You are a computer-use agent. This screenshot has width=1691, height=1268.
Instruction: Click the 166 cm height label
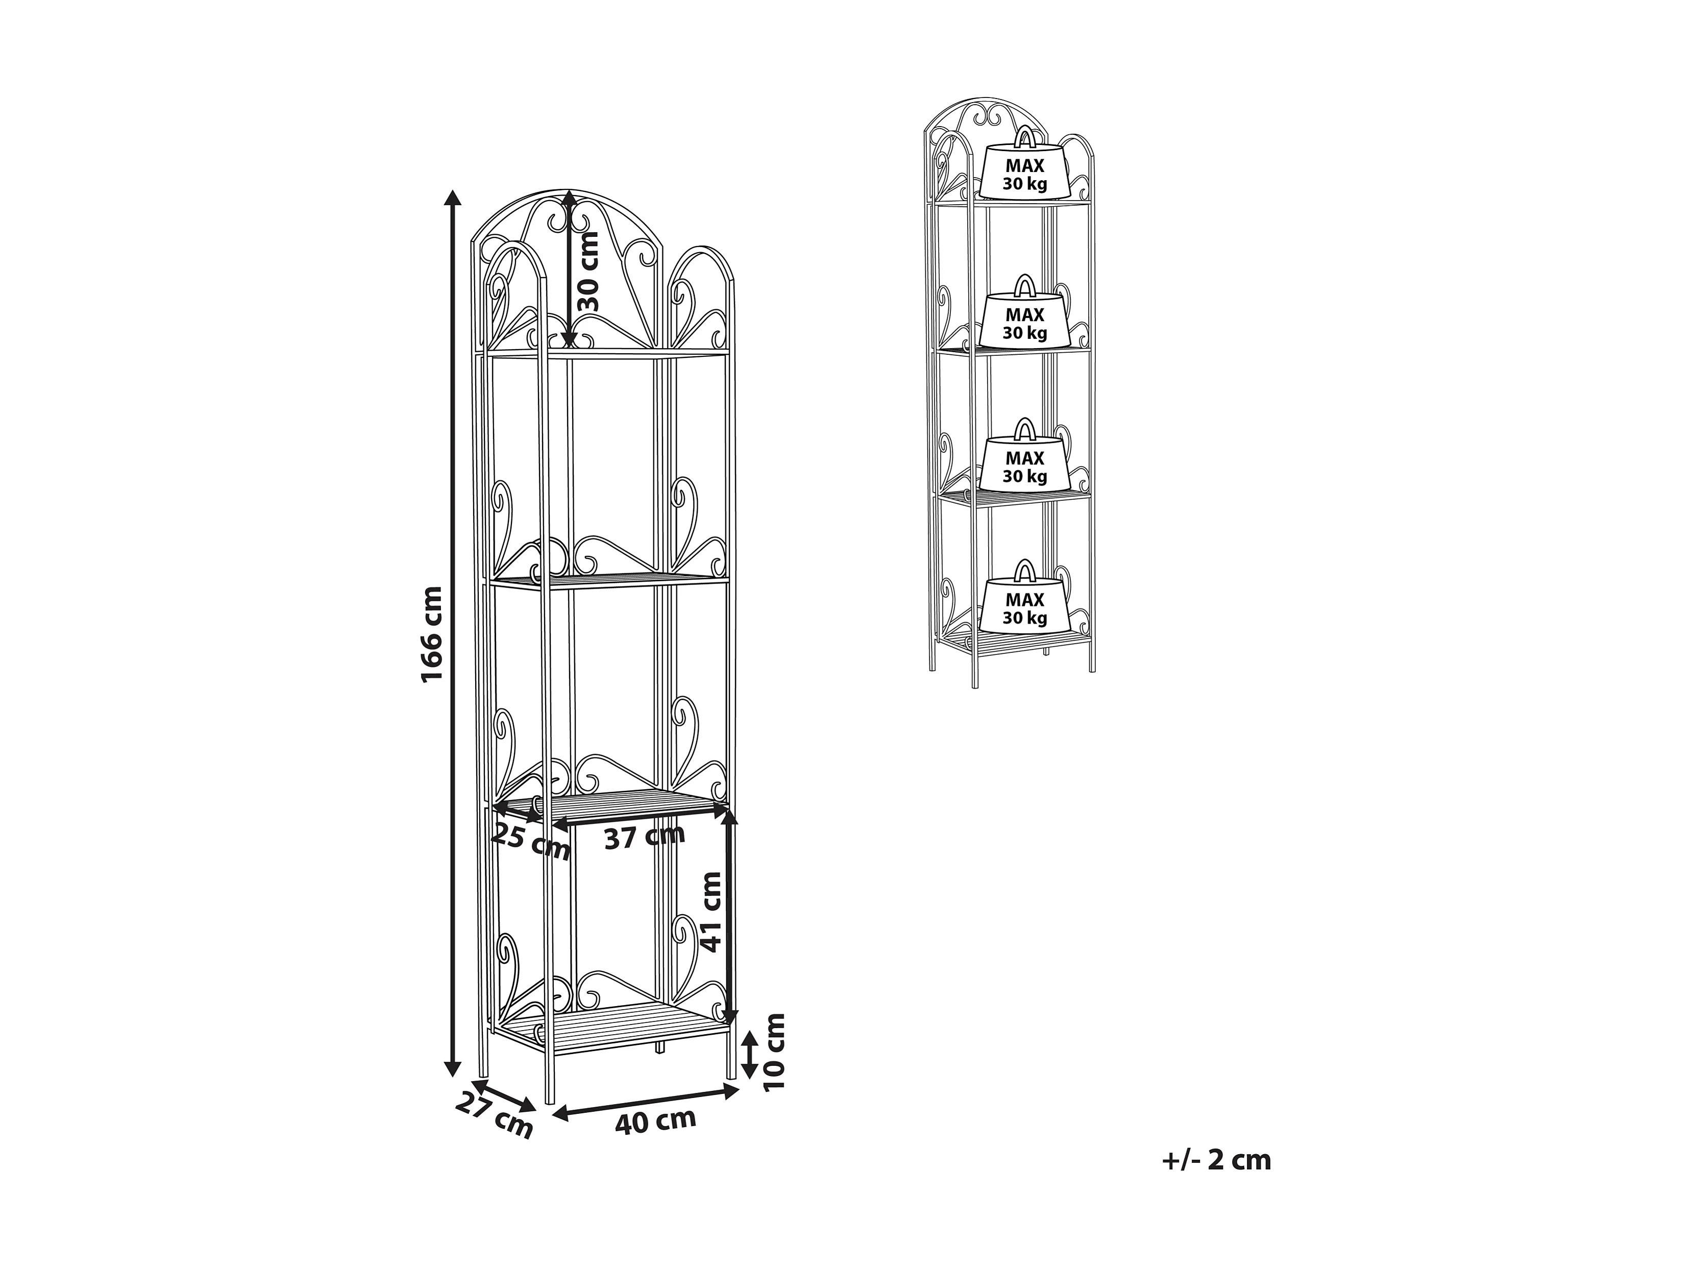pyautogui.click(x=432, y=634)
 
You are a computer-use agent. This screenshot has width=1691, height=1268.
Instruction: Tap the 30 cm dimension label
pyautogui.click(x=588, y=272)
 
